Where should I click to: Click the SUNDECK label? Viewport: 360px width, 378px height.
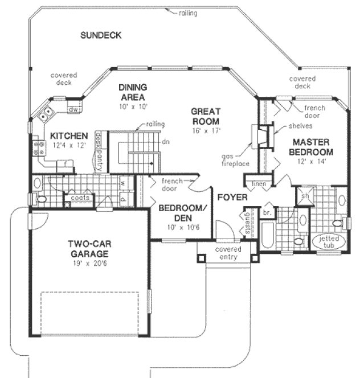[x=101, y=35]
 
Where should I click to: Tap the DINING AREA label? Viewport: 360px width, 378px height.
[x=133, y=92]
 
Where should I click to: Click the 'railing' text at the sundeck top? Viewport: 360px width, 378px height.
[x=187, y=13]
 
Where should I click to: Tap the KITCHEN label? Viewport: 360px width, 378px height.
[x=68, y=136]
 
